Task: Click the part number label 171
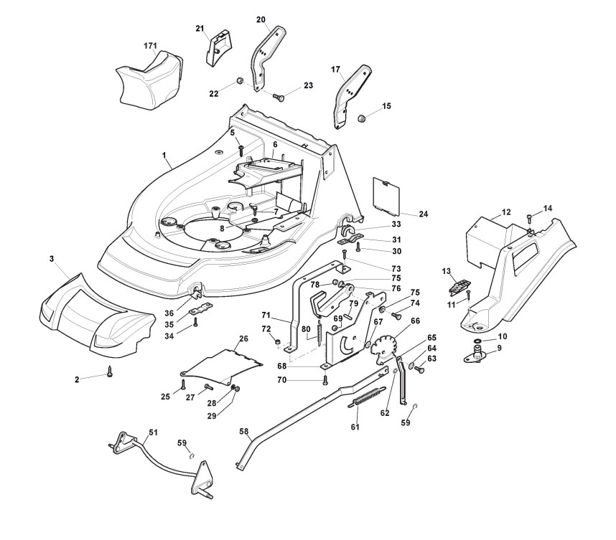150,46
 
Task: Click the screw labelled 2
110,371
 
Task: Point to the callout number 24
423,214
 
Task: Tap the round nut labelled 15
364,116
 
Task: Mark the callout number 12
505,212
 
